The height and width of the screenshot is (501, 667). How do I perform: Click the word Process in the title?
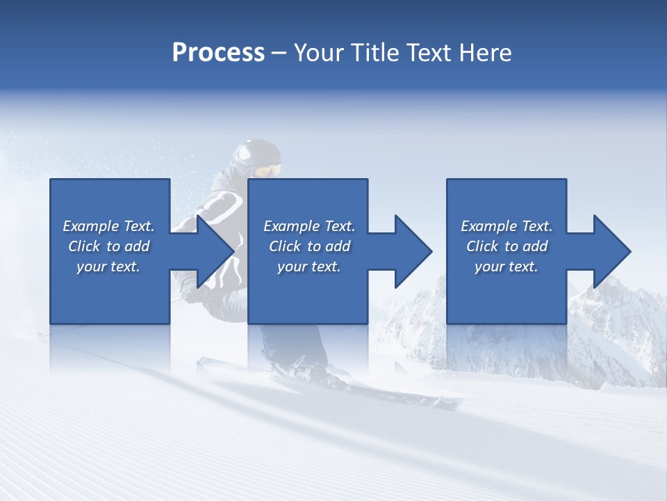coord(218,53)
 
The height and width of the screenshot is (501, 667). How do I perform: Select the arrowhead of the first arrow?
coord(215,251)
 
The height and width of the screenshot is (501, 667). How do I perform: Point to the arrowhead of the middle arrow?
coord(413,251)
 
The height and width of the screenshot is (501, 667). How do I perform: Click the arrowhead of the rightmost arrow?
coord(612,251)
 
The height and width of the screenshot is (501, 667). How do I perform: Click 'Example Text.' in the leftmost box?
coord(109,226)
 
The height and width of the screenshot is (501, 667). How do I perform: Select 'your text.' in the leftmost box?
coord(109,267)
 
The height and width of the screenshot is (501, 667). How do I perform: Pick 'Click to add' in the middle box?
coord(309,246)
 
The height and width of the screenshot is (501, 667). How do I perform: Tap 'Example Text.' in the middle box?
coord(309,226)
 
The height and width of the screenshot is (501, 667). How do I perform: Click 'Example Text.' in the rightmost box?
coord(507,226)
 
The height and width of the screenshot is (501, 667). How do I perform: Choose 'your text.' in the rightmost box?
coord(507,267)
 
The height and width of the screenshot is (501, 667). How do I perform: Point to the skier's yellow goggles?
coord(268,170)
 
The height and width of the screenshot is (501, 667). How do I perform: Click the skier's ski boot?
coord(306,369)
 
